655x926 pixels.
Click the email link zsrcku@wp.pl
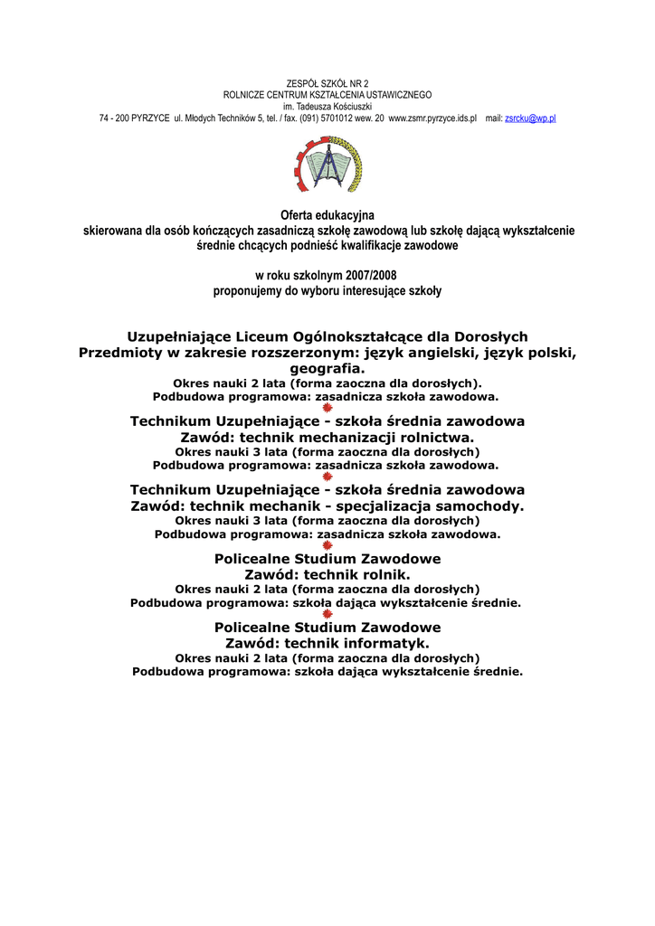pyautogui.click(x=529, y=118)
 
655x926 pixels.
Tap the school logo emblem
pyautogui.click(x=327, y=165)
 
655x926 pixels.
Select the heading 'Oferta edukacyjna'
pyautogui.click(x=327, y=215)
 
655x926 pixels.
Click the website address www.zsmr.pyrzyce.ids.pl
pyautogui.click(x=432, y=118)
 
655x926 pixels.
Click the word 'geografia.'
pyautogui.click(x=327, y=369)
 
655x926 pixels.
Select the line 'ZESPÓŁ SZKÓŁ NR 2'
pyautogui.click(x=327, y=83)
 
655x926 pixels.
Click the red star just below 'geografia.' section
pyautogui.click(x=327, y=408)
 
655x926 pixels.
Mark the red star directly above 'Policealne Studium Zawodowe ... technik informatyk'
pyautogui.click(x=327, y=614)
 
